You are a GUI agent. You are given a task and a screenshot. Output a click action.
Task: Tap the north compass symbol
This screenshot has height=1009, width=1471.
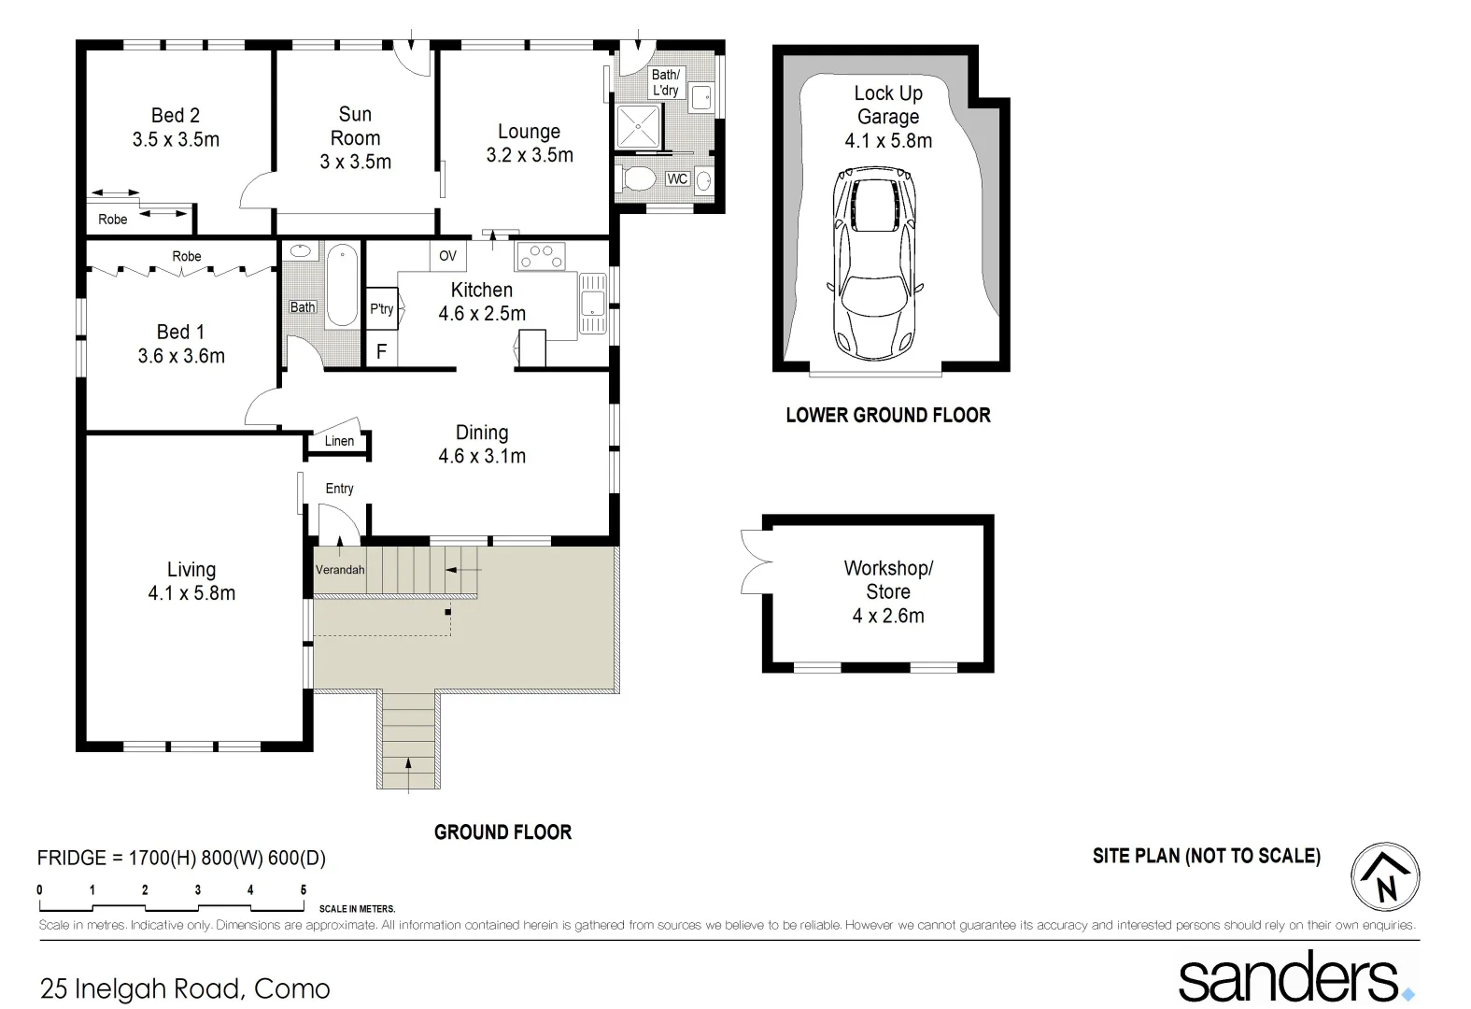[1385, 877]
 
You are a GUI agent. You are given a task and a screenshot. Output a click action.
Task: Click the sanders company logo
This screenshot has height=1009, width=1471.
[1294, 977]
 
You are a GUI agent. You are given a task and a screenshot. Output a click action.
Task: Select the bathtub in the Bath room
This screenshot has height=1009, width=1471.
[342, 285]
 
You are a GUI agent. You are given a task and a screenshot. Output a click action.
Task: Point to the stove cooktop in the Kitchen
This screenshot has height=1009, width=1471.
[541, 256]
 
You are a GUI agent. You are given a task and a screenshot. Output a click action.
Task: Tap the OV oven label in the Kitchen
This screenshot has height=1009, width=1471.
[447, 255]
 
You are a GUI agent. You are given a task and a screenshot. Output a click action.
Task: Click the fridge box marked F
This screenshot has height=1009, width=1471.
[381, 352]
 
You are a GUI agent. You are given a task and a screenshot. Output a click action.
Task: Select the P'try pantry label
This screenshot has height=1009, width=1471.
[381, 308]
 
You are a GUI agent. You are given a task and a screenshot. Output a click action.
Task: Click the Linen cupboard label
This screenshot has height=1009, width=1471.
[339, 441]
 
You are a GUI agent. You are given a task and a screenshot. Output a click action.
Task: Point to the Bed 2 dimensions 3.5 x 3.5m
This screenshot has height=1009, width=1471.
[176, 140]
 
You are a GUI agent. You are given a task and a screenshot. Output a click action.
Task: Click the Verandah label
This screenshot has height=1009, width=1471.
[340, 570]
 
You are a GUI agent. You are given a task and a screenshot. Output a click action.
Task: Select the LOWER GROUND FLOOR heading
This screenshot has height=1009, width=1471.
[887, 416]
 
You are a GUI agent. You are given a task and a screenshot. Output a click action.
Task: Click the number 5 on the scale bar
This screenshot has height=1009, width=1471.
[303, 890]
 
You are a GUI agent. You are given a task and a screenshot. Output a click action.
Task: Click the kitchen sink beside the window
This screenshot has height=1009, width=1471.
[591, 302]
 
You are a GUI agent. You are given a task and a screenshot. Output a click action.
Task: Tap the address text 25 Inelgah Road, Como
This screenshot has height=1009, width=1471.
[185, 988]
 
